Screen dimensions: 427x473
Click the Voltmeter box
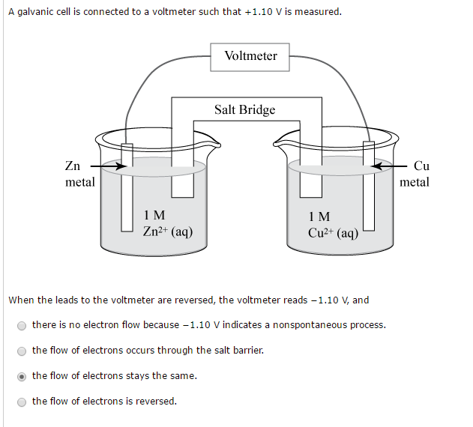pyautogui.click(x=250, y=56)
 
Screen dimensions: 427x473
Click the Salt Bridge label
pyautogui.click(x=244, y=110)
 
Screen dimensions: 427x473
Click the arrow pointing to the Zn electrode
pyautogui.click(x=105, y=166)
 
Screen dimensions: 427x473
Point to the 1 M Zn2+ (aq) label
pyautogui.click(x=167, y=224)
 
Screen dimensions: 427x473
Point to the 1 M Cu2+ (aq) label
pyautogui.click(x=333, y=224)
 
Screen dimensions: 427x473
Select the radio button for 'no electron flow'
pyautogui.click(x=22, y=325)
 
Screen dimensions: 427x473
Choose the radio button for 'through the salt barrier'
pyautogui.click(x=22, y=351)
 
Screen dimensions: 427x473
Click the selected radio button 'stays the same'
pyautogui.click(x=22, y=376)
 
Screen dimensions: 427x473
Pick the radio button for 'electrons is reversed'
pyautogui.click(x=22, y=402)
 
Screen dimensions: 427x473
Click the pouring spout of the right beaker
pyautogui.click(x=281, y=143)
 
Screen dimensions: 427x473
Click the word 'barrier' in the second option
pyautogui.click(x=247, y=351)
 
